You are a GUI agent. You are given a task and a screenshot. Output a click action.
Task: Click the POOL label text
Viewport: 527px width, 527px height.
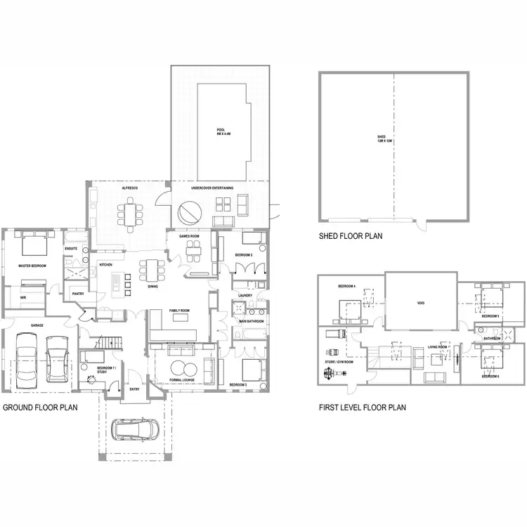[221, 132]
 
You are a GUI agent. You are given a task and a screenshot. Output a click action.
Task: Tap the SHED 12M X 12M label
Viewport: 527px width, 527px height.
[382, 139]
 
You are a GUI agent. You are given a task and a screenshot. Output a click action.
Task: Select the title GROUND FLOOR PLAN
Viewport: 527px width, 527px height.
[40, 407]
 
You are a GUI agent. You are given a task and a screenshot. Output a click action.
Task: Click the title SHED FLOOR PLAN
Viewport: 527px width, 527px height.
[351, 237]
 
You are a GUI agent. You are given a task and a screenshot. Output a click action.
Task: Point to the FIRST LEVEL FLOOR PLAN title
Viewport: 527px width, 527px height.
[362, 407]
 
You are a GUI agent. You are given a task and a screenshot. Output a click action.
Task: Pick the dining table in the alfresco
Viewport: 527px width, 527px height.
[131, 211]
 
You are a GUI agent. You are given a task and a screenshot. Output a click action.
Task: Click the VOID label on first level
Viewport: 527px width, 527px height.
[420, 303]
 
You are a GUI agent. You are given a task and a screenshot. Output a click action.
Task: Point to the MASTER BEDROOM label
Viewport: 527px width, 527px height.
[32, 266]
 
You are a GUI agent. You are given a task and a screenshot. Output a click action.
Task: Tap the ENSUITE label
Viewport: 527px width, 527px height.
[71, 249]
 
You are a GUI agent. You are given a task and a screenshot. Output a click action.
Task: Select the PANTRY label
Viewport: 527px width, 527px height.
[78, 294]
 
